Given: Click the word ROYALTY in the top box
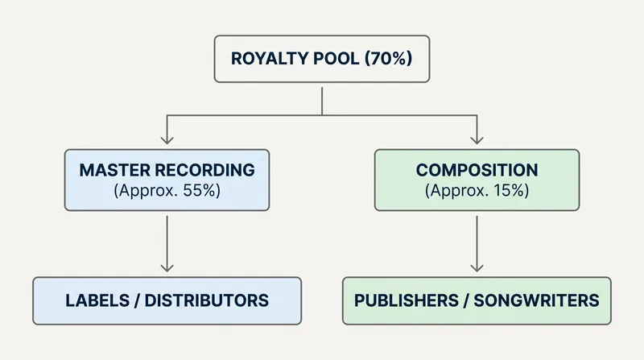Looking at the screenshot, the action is (269, 58).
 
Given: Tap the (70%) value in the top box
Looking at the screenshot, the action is (388, 58).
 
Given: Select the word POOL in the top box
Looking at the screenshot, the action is (336, 58).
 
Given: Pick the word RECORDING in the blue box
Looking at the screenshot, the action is (205, 170).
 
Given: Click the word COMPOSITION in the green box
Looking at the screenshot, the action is (477, 170).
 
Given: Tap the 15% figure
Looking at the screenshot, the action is (511, 190).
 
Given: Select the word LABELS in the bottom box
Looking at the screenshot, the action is (97, 300).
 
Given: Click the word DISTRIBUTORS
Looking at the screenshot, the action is (207, 300).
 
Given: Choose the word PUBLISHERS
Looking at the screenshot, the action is (407, 300).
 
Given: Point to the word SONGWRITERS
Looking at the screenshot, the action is (536, 300).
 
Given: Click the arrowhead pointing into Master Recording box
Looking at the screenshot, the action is (167, 139).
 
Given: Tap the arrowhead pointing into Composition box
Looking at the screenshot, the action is (477, 139).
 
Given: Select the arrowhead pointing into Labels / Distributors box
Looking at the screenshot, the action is (167, 267).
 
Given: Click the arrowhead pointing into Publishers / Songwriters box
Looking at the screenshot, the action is (477, 267).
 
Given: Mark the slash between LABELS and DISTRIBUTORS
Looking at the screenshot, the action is (137, 300).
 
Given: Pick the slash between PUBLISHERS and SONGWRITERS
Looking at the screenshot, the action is (466, 300).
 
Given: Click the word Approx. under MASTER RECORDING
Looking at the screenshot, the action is (146, 191).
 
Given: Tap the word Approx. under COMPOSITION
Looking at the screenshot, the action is (457, 191).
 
